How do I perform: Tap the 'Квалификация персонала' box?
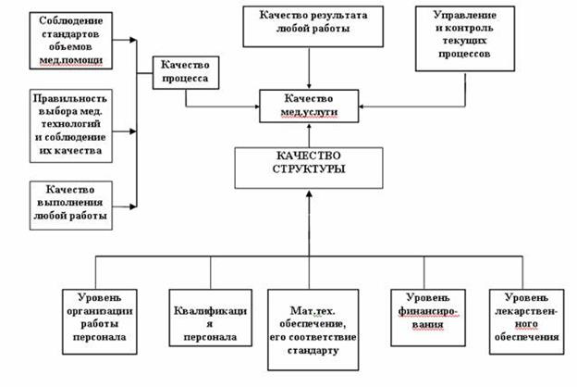click(x=210, y=318)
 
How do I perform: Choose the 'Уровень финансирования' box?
click(x=421, y=311)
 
